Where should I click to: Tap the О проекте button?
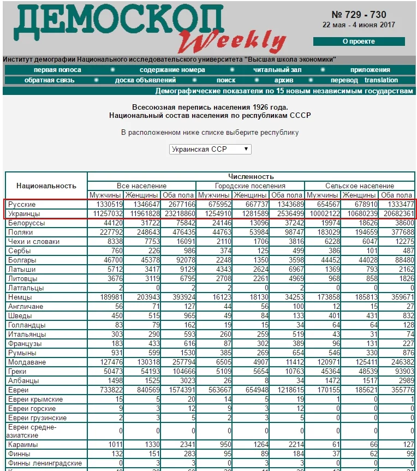[359, 41]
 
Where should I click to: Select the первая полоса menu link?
[57, 70]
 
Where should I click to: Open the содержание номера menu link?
[172, 70]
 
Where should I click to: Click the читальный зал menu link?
[277, 70]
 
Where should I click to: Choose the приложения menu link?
[370, 70]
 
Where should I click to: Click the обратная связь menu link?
[50, 80]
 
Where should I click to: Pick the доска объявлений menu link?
[145, 80]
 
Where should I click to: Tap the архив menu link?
[284, 80]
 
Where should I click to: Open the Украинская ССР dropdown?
[210, 148]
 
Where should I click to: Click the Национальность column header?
[46, 186]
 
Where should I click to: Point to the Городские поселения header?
[249, 186]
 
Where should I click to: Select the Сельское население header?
[359, 186]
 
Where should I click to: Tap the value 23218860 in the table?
[178, 213]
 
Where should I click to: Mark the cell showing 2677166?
[178, 204]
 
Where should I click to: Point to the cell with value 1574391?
[178, 390]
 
